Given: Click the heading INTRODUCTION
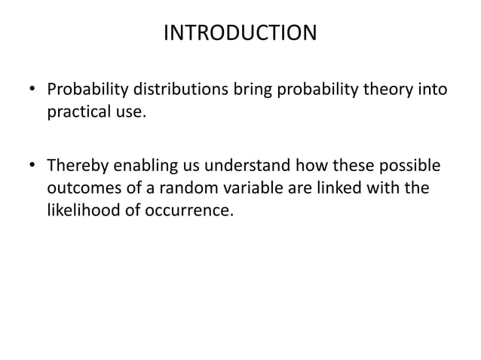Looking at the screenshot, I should [x=240, y=34].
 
